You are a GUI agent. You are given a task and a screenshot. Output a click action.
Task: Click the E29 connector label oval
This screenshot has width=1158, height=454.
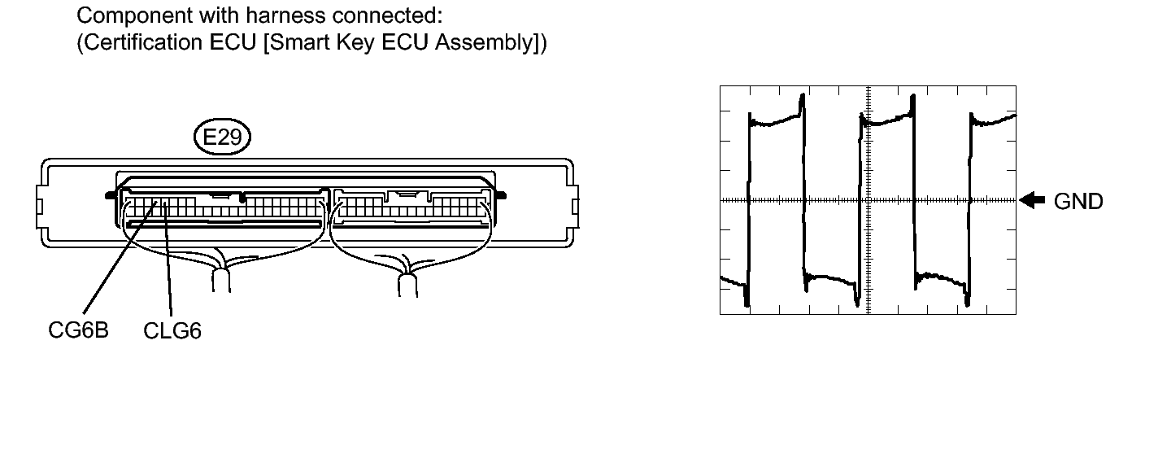222,137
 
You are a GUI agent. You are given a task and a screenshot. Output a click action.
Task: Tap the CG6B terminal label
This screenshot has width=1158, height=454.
79,330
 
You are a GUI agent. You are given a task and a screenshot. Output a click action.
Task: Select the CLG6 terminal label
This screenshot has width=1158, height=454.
172,331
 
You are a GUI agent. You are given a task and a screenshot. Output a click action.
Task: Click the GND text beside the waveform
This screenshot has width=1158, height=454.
1078,201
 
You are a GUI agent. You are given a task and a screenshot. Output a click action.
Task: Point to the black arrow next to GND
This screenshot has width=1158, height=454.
1032,200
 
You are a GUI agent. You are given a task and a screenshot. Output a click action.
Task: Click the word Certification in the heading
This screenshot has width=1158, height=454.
144,41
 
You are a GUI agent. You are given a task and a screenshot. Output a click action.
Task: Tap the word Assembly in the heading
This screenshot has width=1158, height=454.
483,42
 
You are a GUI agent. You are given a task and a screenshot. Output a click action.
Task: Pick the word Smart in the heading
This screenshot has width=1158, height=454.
299,41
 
